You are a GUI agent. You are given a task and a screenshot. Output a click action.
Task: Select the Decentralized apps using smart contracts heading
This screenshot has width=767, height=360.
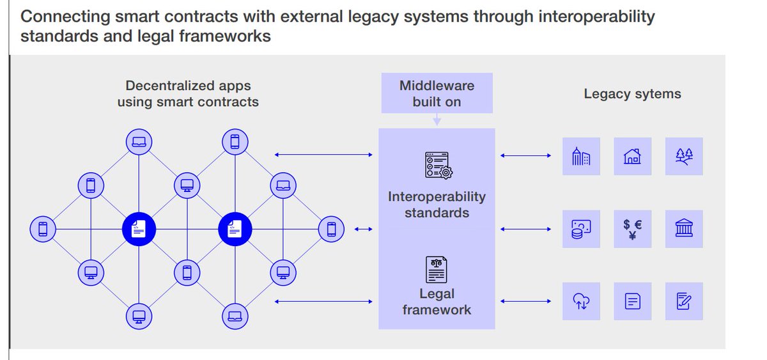pos(188,93)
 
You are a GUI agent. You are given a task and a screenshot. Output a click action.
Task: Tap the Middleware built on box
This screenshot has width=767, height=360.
pos(437,93)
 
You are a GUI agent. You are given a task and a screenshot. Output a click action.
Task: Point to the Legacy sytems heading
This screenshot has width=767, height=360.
pos(632,94)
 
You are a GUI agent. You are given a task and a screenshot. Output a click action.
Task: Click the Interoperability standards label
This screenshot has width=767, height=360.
pos(437,205)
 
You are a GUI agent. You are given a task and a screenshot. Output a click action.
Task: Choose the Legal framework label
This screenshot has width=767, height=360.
pos(437,302)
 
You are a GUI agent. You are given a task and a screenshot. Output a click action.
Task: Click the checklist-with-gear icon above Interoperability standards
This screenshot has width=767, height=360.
pos(438,164)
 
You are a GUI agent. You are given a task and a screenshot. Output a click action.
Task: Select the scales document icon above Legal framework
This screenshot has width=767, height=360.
pos(437,269)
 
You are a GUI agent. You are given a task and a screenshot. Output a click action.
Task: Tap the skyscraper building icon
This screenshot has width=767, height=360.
pos(581,157)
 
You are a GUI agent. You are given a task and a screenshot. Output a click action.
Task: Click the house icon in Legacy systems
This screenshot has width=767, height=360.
pos(632,157)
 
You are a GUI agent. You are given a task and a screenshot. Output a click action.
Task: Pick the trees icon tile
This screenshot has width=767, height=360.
pos(683,157)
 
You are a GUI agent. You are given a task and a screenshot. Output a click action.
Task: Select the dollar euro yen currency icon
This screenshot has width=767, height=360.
pos(632,229)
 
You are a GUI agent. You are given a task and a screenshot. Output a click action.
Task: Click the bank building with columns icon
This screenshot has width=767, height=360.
pos(683,229)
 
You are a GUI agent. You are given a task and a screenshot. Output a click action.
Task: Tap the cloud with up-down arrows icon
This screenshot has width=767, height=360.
pos(581,301)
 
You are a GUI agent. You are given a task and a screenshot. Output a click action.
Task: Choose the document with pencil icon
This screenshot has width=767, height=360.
pos(683,301)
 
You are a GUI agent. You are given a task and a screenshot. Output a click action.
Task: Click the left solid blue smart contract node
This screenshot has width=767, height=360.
pos(139,228)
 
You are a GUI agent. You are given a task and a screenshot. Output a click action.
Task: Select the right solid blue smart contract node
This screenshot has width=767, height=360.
pos(235,228)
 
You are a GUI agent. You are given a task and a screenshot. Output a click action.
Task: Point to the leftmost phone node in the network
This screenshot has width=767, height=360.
pos(43,228)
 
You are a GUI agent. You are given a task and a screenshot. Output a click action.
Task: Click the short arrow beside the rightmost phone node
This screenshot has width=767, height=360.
pos(363,229)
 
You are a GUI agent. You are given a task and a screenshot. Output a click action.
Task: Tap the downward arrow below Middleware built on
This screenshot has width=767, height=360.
pos(437,120)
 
